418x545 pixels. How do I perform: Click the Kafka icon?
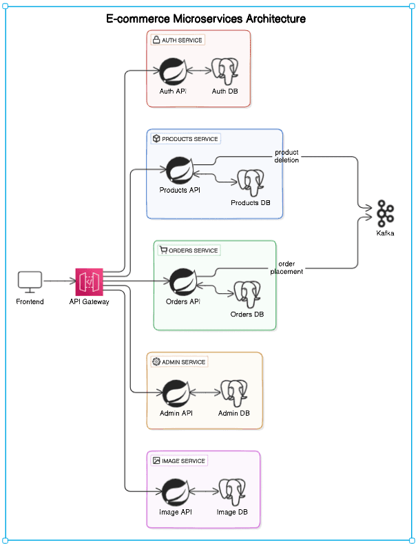[385, 214]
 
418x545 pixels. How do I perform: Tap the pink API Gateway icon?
[90, 281]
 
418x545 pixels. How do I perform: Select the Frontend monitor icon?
[30, 281]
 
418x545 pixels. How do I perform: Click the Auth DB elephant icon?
[224, 70]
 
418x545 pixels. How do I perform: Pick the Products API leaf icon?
[180, 170]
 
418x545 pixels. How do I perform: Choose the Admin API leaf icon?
[176, 393]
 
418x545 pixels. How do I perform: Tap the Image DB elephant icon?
[232, 492]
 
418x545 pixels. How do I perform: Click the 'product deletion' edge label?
[286, 156]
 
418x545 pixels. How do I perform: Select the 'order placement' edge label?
[286, 268]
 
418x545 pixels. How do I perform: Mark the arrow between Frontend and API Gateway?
[59, 281]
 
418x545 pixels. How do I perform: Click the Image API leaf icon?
[176, 492]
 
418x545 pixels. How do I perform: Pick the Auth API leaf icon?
[173, 70]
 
